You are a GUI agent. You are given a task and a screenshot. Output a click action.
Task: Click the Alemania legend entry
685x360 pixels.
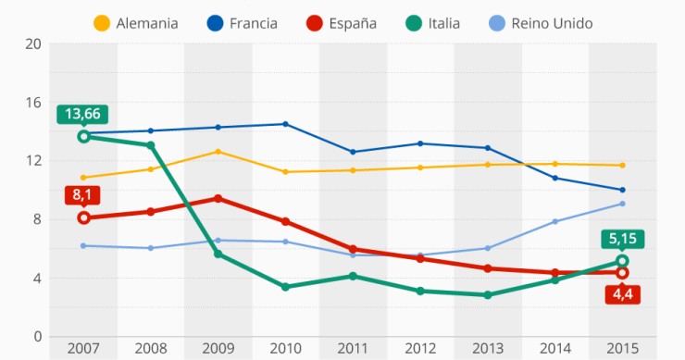[x=136, y=23]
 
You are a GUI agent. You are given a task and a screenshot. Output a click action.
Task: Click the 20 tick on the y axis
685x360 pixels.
[x=33, y=43]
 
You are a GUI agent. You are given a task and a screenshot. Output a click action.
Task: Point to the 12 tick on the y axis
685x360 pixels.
[x=33, y=161]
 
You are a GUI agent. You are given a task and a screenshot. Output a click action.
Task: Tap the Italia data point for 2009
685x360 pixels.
[x=218, y=254]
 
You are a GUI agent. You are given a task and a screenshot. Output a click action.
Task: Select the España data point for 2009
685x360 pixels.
[x=218, y=198]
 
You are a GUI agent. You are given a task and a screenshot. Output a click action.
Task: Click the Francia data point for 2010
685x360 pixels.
[x=285, y=124]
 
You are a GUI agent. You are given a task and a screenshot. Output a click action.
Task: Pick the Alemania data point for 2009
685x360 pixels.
[x=218, y=152]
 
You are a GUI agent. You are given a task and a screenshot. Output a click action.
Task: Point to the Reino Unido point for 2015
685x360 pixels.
[x=622, y=204]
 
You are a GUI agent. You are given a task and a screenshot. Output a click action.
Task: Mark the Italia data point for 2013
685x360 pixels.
[x=487, y=295]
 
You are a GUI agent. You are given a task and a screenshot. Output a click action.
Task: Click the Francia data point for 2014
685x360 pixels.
[x=554, y=178]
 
